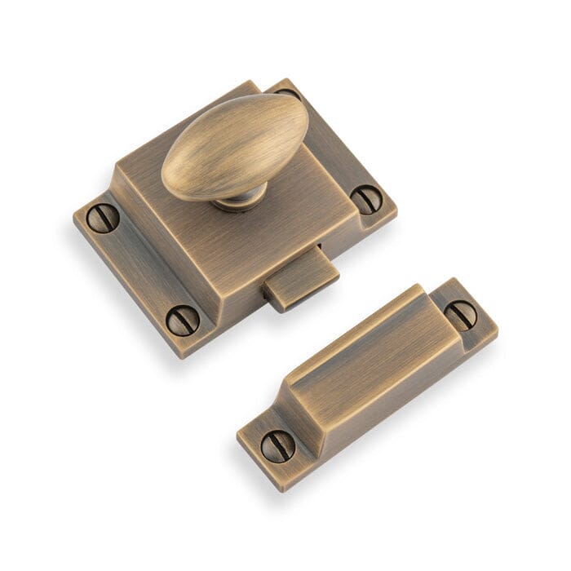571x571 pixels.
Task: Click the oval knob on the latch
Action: click(x=235, y=147)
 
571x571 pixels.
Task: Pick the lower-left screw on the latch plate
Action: click(x=183, y=319)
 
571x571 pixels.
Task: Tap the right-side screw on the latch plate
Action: click(x=366, y=198)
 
